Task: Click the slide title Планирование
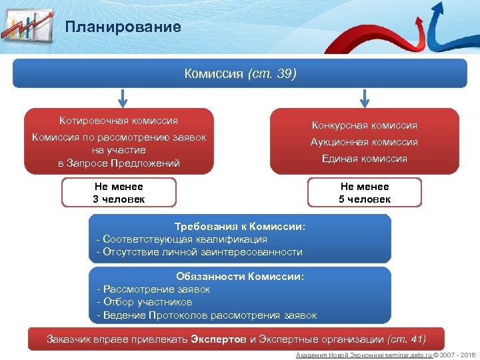123,27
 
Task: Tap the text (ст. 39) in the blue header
271,73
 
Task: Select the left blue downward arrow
122,98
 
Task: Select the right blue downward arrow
364,98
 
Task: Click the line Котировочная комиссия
119,121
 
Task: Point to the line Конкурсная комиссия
365,125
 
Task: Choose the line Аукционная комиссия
365,142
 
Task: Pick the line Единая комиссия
365,159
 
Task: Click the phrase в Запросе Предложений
119,163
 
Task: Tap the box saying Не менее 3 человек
119,193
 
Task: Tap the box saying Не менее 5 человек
365,193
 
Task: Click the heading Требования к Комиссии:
240,227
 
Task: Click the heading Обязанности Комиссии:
240,277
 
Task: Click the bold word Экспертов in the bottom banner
219,339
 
